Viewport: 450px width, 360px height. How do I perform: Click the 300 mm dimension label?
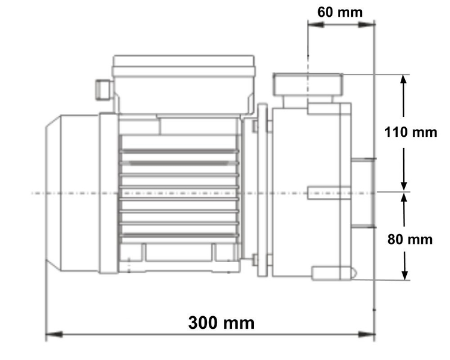coord(221,323)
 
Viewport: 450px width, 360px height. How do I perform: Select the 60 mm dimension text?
coord(340,11)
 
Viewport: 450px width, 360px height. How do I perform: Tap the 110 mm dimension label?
coord(411,131)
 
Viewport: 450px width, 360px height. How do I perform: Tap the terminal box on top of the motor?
coord(185,84)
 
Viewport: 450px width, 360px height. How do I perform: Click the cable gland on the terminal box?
coord(101,90)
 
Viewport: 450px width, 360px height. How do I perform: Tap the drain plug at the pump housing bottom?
coord(333,274)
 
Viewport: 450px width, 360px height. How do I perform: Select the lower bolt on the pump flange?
coord(257,260)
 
